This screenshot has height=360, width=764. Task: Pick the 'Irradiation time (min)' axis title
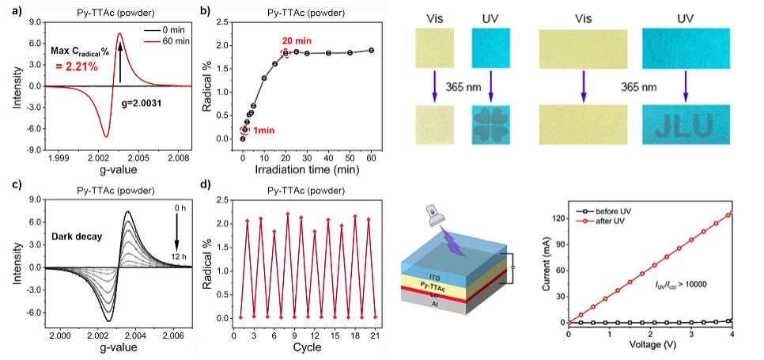tap(310, 170)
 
